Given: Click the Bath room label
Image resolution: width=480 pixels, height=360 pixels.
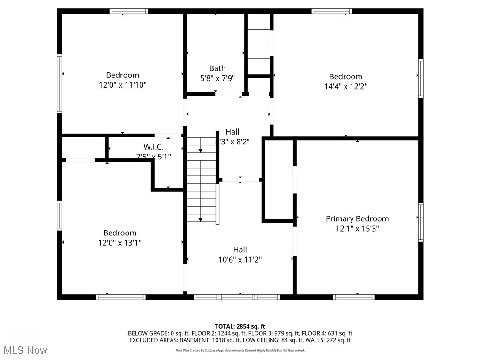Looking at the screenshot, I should coord(217,68).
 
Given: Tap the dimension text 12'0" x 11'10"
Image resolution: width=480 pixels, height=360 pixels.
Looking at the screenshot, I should coord(122,85).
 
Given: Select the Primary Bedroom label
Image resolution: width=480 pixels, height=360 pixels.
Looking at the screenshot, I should coord(357,218).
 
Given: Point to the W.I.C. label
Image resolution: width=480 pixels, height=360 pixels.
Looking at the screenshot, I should coord(153,147).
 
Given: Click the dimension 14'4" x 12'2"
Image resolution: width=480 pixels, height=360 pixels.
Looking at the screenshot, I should coord(345,86).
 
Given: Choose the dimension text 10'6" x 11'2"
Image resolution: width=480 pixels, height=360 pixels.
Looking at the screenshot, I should coord(240,259).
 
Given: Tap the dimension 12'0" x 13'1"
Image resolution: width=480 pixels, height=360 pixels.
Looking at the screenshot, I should coord(120,242).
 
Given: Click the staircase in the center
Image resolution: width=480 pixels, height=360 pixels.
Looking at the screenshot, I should coord(201,178).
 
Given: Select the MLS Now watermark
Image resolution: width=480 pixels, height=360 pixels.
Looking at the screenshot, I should coord(24,350).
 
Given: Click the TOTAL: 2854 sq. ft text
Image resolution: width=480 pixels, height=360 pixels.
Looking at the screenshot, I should coord(240,326).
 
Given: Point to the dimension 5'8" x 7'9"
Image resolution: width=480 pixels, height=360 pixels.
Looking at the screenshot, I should coord(217,78).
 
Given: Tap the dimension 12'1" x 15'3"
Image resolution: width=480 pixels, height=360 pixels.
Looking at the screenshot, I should coord(357,228).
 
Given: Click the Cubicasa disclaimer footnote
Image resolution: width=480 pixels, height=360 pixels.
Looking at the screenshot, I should coord(240,350).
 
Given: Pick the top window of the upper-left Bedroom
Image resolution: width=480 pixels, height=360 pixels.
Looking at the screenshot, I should coord(129,11).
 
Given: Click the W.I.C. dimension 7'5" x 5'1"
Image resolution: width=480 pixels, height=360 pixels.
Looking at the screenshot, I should coord(153,157).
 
